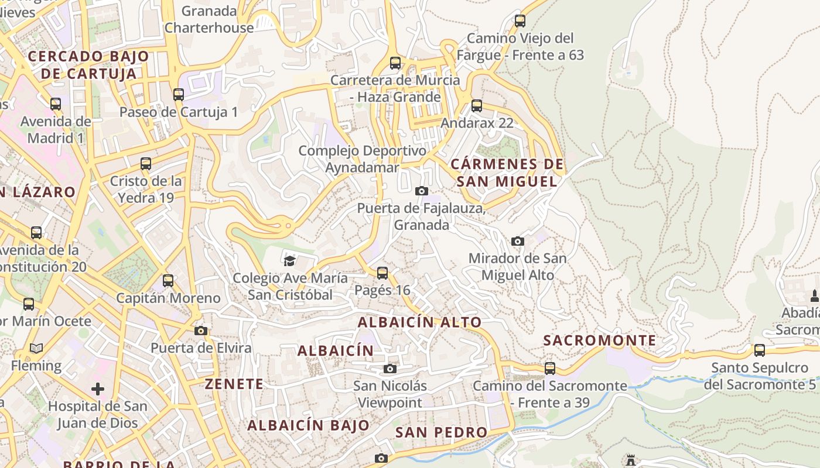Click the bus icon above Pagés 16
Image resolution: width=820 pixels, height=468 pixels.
[x=382, y=273]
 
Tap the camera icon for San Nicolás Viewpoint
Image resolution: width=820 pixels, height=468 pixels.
[x=389, y=369]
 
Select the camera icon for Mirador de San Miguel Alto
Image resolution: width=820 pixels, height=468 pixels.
[x=517, y=241]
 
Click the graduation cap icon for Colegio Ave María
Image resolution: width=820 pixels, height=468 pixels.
[x=289, y=260]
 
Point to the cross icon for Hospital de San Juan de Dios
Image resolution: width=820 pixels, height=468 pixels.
[x=98, y=388]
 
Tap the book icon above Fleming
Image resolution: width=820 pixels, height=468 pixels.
[x=36, y=349]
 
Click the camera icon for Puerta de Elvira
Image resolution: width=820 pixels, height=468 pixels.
[x=201, y=331]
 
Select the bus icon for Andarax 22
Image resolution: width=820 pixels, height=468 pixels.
[x=477, y=106]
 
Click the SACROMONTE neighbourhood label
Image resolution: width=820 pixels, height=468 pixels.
[x=600, y=340]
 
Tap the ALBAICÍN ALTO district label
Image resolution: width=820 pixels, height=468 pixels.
[x=419, y=322]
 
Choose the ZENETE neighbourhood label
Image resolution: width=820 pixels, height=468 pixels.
[x=234, y=384]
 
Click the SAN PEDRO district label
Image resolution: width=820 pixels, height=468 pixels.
[x=441, y=432]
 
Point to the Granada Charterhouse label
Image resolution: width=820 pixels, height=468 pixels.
[x=209, y=19]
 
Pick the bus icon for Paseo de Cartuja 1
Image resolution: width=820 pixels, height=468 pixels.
[x=179, y=94]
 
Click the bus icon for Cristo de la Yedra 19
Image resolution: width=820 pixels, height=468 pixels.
[x=146, y=164]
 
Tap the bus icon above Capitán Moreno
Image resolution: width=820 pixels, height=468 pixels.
[x=168, y=281]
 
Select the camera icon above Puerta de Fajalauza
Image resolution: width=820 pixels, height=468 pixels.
[x=421, y=191]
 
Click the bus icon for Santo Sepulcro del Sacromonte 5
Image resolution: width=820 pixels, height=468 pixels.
[x=759, y=350]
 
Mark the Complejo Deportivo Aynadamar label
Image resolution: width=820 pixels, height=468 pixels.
[x=363, y=159]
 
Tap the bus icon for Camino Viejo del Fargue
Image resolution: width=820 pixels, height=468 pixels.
[x=520, y=21]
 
